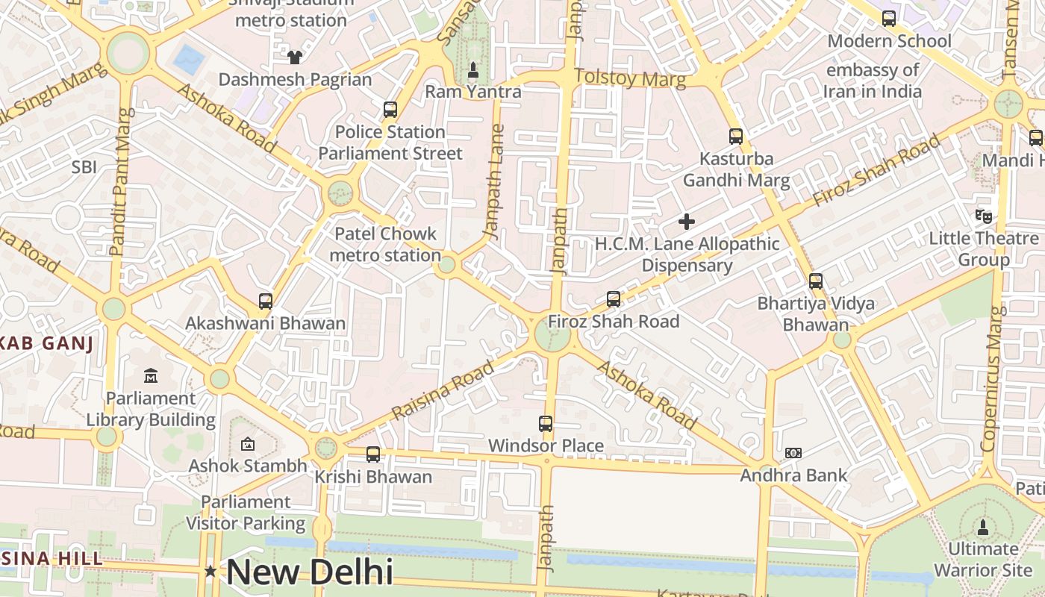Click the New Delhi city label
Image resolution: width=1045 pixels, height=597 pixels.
(309, 572)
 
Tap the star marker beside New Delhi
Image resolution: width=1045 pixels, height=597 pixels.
(211, 572)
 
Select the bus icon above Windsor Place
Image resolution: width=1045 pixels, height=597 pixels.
(546, 424)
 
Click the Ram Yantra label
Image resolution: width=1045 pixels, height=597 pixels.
(473, 92)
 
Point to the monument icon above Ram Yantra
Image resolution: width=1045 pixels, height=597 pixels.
(472, 70)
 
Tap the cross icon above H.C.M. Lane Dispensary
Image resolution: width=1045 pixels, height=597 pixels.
(687, 222)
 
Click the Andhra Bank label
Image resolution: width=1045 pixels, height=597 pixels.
(793, 475)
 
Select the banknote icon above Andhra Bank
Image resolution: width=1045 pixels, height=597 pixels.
(793, 453)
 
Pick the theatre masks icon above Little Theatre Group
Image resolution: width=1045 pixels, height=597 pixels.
(984, 216)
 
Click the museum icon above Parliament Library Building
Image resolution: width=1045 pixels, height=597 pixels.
(151, 375)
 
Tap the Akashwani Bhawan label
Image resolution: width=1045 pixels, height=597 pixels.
(266, 323)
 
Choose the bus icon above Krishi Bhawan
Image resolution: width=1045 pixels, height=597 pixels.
(373, 454)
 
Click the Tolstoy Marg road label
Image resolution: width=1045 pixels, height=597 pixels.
(630, 78)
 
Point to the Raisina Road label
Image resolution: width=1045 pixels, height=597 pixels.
(443, 390)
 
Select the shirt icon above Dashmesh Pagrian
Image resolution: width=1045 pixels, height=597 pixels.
(295, 57)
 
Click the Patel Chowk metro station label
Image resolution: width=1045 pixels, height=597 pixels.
(385, 244)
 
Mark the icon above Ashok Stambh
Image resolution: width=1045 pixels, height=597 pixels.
(248, 445)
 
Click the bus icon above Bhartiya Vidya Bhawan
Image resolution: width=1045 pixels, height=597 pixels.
(816, 281)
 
